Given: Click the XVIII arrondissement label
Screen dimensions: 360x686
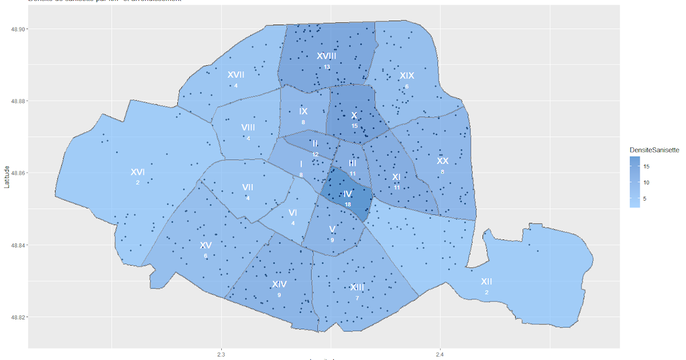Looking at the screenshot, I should coord(326,56).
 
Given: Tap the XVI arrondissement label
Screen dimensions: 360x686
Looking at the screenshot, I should coord(137,172).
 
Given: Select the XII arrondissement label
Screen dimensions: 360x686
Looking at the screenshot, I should coord(486,282).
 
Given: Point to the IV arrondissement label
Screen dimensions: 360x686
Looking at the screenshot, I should coord(348,194).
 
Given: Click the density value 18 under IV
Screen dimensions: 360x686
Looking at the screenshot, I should coord(348,205).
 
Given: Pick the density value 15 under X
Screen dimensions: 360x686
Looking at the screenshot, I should coord(354,126).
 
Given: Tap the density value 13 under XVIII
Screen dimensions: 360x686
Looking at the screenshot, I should coord(326,67).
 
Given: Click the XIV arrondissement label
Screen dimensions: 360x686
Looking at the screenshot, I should coord(279,284).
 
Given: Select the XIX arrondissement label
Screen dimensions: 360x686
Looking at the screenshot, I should coord(406,75).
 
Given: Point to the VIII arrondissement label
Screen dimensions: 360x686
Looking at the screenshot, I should coord(248,127).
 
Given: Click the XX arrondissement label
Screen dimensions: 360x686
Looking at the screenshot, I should coord(442,161).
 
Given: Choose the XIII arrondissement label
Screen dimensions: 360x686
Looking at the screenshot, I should coord(357,287).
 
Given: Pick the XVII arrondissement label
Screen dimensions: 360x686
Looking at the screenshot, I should coord(236,75).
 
